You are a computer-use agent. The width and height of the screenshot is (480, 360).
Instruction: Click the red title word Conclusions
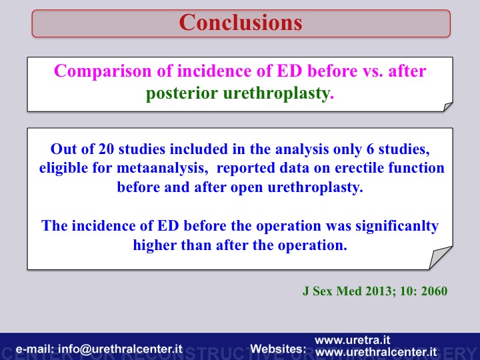point(241,23)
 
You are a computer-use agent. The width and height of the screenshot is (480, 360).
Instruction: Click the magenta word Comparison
point(103,71)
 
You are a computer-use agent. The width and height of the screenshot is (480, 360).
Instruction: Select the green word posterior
point(182,93)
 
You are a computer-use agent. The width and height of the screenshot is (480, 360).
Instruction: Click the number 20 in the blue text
point(106,149)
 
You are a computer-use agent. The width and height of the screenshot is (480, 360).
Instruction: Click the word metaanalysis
point(162,168)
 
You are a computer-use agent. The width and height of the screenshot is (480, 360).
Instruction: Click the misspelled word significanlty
point(397,226)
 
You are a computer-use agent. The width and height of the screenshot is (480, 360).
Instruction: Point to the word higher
point(155,245)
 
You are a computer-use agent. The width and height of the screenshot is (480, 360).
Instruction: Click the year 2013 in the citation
point(381,291)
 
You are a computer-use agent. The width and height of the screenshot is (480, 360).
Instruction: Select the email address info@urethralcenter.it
point(120,349)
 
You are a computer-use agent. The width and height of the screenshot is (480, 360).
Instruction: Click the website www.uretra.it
point(353,340)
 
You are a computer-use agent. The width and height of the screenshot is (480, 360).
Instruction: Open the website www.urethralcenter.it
point(376,352)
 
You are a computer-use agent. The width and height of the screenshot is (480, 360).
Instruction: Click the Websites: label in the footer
point(278,349)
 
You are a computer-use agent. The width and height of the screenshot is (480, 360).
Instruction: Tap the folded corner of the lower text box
point(439,259)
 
